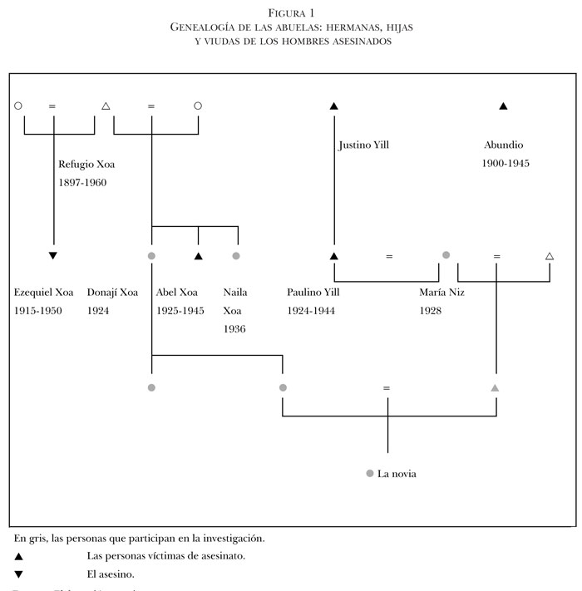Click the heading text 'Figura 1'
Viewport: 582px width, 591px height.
(x=291, y=11)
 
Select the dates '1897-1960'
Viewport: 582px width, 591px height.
(x=82, y=183)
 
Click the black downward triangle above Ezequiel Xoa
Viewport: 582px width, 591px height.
(x=53, y=255)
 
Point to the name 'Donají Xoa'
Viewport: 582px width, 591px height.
(x=112, y=293)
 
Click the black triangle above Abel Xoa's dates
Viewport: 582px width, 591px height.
(x=198, y=255)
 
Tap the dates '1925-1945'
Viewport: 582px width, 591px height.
(x=180, y=311)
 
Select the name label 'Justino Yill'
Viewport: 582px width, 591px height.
(x=363, y=145)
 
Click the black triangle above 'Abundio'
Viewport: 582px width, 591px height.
(x=502, y=106)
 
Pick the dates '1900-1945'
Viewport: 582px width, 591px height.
(x=506, y=164)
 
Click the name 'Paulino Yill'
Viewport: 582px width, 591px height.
(x=313, y=293)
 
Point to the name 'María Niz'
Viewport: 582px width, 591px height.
(x=445, y=293)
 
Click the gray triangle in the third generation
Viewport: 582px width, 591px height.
(x=495, y=388)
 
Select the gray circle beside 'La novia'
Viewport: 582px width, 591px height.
(x=369, y=474)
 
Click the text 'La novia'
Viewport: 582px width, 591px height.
(x=397, y=474)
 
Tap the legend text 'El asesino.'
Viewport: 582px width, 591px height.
(x=110, y=574)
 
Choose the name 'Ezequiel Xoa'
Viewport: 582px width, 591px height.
(x=44, y=293)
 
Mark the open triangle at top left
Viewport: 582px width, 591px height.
(x=105, y=106)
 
